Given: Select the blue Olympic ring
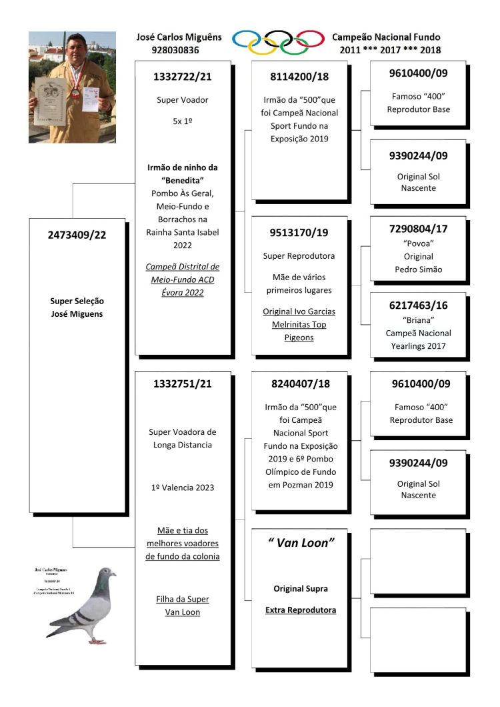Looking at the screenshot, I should [247, 39].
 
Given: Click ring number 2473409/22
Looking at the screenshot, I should [77, 235].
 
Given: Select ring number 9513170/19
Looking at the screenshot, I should [300, 233].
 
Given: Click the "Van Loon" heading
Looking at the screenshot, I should [299, 543].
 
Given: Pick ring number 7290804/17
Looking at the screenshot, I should [418, 229].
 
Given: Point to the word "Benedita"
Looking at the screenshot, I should [182, 180].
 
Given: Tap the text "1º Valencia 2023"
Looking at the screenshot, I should [183, 488].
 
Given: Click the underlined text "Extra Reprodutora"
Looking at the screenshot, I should [300, 610].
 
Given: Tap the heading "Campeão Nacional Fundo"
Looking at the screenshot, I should [386, 37].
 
